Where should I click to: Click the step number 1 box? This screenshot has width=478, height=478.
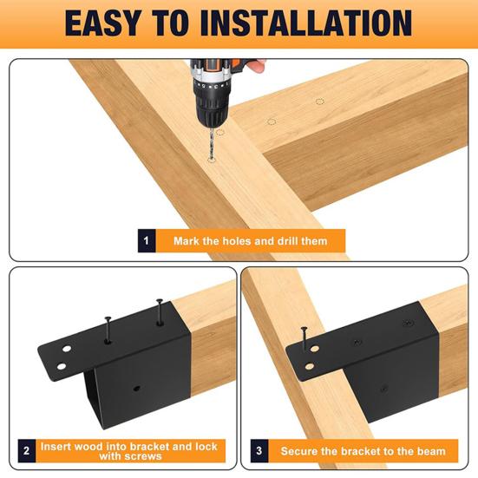pos(147,241)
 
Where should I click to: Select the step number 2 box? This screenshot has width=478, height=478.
pos(27,450)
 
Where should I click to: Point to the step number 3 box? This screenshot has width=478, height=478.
pos(259,450)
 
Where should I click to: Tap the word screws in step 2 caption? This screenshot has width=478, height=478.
pos(130,456)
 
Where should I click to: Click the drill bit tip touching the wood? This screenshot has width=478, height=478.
pos(211,159)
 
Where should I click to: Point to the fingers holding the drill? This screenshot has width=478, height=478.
pos(257,65)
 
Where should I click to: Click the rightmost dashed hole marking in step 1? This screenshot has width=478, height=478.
pos(320,101)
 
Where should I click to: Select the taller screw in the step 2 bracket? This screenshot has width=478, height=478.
pos(160,311)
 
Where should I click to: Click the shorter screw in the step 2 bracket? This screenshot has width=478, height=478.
pos(108,330)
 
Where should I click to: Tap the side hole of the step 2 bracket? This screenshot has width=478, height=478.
pos(136,389)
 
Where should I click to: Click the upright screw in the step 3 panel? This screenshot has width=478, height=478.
pos(304,339)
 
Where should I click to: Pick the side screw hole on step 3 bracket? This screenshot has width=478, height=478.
pos(384,389)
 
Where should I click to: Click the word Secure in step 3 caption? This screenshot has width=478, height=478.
pos(299,451)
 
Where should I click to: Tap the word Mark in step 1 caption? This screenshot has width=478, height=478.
pos(187,241)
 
